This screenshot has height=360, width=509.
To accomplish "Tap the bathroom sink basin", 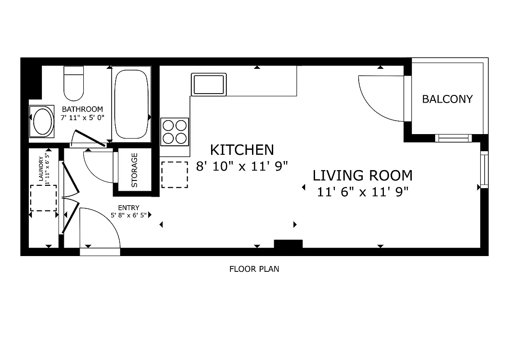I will pyautogui.click(x=41, y=121).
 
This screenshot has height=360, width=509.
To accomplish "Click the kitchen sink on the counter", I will pyautogui.click(x=208, y=84).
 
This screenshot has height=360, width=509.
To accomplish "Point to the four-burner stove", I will pyautogui.click(x=175, y=131).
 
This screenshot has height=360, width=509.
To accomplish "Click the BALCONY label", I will pyautogui.click(x=447, y=99).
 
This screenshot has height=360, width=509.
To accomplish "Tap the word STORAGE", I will pyautogui.click(x=134, y=171).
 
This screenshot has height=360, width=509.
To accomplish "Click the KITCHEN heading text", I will pyautogui.click(x=242, y=149).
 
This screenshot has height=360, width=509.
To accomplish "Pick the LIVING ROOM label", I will pyautogui.click(x=362, y=175).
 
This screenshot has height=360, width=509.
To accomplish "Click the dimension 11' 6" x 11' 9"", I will pyautogui.click(x=362, y=192).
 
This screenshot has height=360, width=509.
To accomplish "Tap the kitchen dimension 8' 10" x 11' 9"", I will pyautogui.click(x=242, y=166).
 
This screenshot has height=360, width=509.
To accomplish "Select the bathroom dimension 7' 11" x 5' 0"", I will pyautogui.click(x=82, y=117).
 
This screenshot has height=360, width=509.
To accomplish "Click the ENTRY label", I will pyautogui.click(x=128, y=207).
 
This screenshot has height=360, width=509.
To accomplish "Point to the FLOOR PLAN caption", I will pyautogui.click(x=254, y=269).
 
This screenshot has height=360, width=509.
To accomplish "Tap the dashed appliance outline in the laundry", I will pyautogui.click(x=44, y=198).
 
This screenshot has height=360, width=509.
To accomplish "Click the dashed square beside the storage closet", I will pyautogui.click(x=174, y=175).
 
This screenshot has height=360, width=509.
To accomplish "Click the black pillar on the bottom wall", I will pyautogui.click(x=288, y=244).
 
